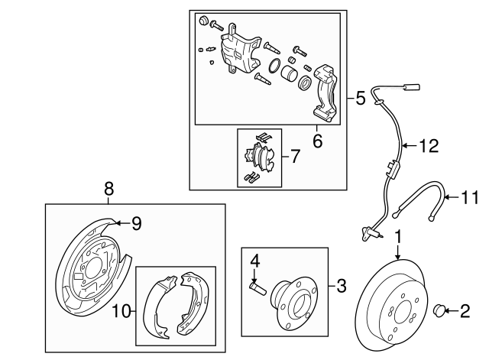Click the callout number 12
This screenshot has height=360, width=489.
pyautogui.click(x=429, y=146)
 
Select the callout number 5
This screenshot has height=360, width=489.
pyautogui.click(x=361, y=98)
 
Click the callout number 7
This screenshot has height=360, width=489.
pyautogui.click(x=295, y=156)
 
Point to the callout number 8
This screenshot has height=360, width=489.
pyautogui.click(x=108, y=189)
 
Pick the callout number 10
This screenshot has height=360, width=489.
pyautogui.click(x=121, y=311)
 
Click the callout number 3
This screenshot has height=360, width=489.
pyautogui.click(x=342, y=286)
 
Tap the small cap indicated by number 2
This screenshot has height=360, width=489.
pyautogui.click(x=439, y=311)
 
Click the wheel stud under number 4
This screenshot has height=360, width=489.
pyautogui.click(x=257, y=289)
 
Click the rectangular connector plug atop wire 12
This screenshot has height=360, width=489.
pyautogui.click(x=411, y=87)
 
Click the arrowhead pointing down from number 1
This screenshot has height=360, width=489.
pyautogui.click(x=398, y=256)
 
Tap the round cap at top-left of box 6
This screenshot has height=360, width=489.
pyautogui.click(x=204, y=20)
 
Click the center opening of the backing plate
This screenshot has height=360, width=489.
pyautogui.click(x=92, y=268)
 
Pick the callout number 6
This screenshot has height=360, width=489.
pyautogui.click(x=318, y=141)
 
